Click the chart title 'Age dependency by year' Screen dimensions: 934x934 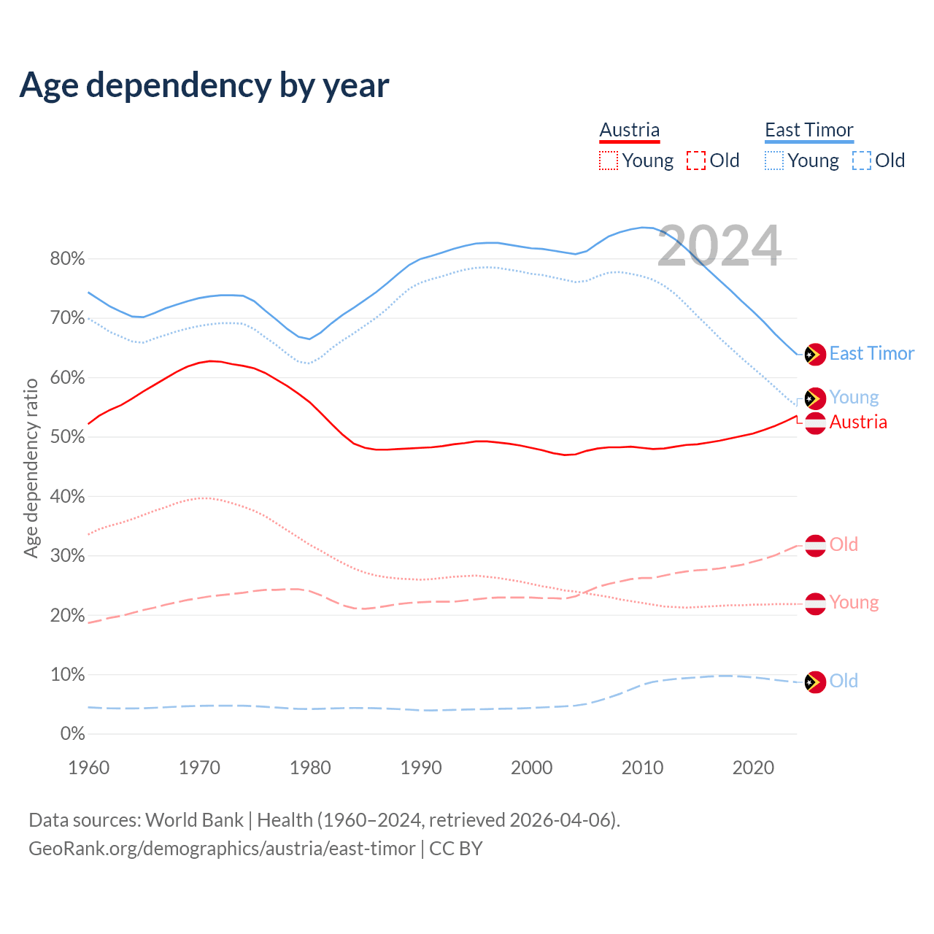coord(204,85)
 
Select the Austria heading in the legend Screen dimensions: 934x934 coord(629,131)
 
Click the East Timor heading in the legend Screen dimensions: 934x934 coord(808,131)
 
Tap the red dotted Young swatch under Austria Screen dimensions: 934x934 coord(608,161)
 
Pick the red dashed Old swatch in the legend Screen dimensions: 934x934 coord(695,161)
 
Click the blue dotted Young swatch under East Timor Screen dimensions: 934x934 coord(774,161)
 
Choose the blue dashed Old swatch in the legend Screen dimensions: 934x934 coord(861,161)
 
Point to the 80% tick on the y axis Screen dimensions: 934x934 coord(67,259)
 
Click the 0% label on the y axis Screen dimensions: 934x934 coord(72,734)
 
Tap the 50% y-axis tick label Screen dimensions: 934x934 coord(67,437)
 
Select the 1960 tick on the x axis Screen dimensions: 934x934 coord(88,768)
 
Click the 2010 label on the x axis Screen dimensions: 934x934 coord(642,768)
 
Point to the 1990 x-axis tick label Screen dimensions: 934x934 coord(421,768)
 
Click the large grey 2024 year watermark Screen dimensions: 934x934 coord(719,246)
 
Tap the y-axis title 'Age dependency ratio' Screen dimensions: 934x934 coord(31,468)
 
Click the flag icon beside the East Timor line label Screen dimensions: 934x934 coord(815,355)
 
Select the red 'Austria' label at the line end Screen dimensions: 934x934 coord(858,422)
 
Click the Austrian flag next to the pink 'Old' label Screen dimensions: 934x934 coord(815,545)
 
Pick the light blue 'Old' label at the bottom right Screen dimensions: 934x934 coord(844,682)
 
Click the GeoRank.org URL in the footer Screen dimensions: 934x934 coord(222,849)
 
